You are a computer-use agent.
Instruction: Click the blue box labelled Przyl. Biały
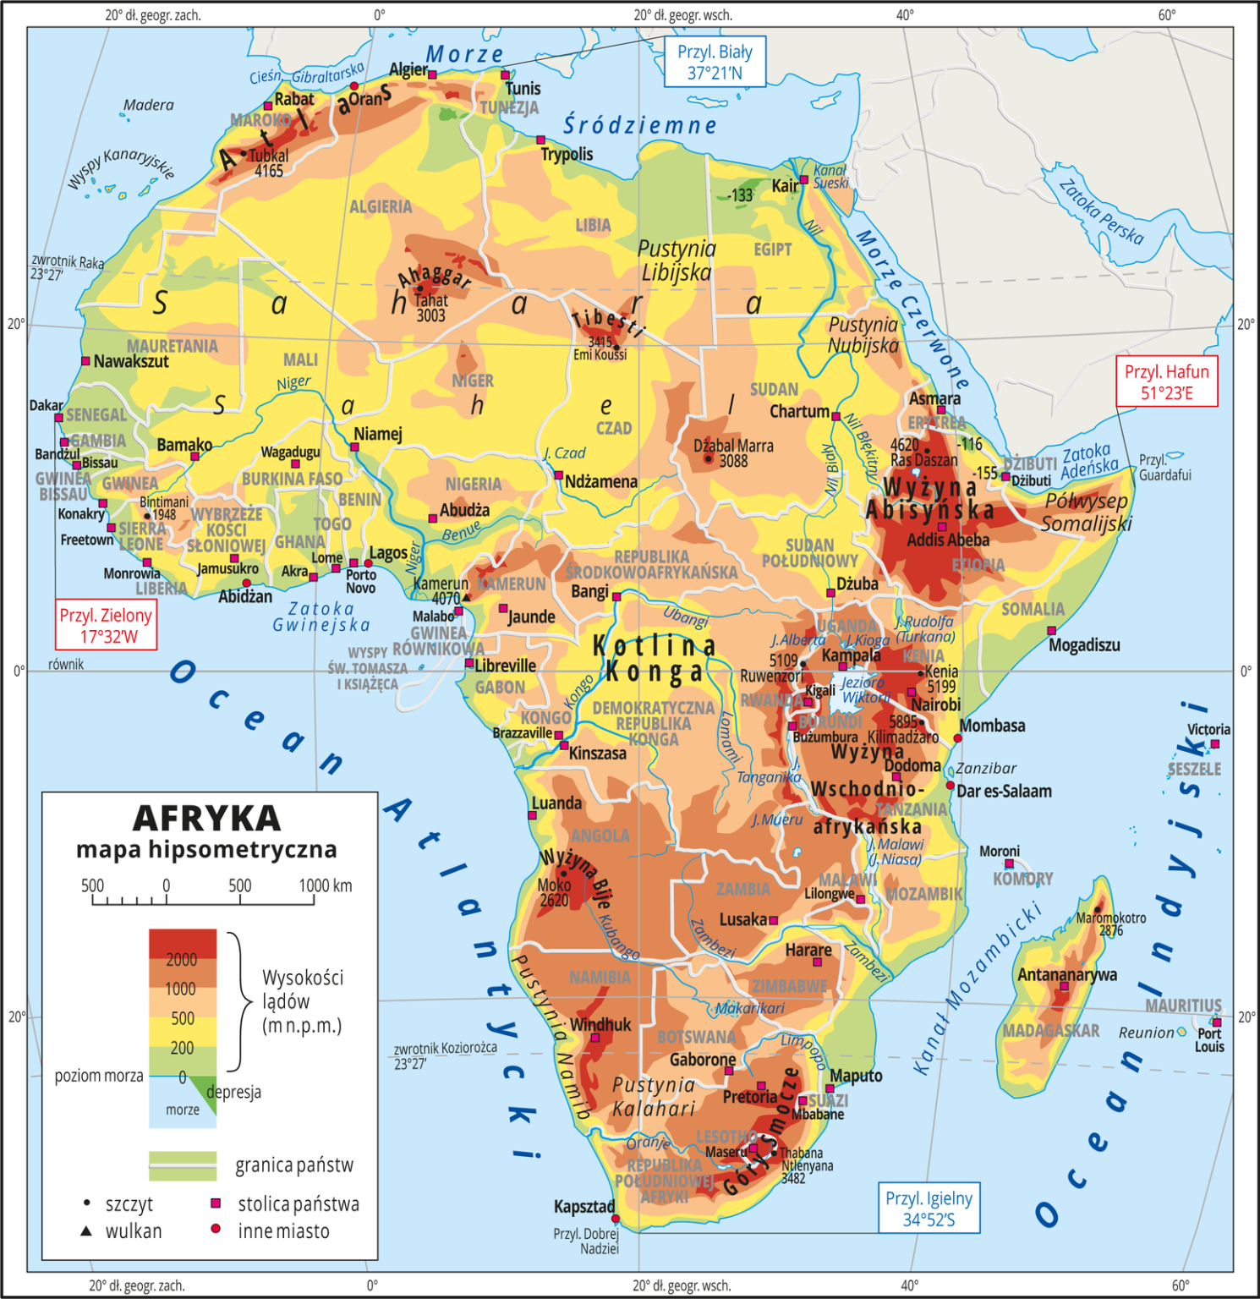tap(715, 62)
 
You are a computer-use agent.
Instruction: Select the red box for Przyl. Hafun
tap(1166, 382)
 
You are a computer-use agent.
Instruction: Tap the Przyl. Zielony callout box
tap(106, 625)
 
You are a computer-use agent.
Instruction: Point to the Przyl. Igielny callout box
tap(929, 1208)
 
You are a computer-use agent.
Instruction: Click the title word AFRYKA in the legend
tap(207, 818)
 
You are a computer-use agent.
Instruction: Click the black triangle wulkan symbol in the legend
tap(86, 1231)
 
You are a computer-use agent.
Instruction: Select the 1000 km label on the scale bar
tap(325, 885)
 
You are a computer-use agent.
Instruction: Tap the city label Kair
tap(784, 185)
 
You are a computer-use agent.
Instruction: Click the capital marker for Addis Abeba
tap(942, 527)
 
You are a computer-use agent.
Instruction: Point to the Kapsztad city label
tap(583, 1206)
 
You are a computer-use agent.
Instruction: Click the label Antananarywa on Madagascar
tap(1066, 974)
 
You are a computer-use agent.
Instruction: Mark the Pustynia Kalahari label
tap(654, 1096)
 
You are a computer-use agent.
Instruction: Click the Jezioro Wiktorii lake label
tap(864, 689)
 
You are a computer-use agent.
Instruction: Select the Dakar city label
tap(46, 405)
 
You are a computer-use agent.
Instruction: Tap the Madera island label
tap(148, 105)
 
